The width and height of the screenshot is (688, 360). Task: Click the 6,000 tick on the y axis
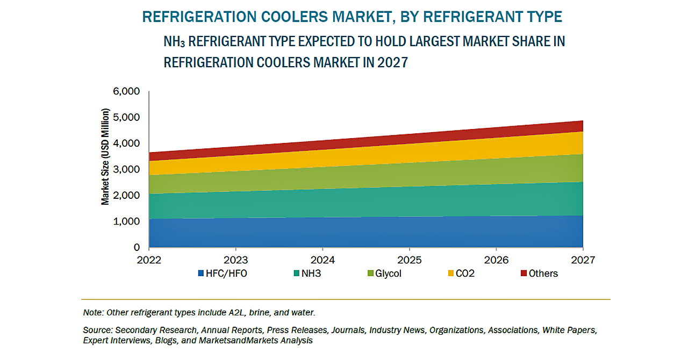pyautogui.click(x=126, y=91)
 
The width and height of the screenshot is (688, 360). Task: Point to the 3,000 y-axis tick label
pyautogui.click(x=126, y=169)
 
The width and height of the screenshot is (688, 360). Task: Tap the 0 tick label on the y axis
pyautogui.click(x=137, y=248)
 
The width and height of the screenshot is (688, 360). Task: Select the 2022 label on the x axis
pyautogui.click(x=149, y=260)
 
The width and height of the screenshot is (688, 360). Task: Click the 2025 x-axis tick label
pyautogui.click(x=410, y=260)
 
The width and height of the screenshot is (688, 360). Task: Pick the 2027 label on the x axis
pyautogui.click(x=583, y=260)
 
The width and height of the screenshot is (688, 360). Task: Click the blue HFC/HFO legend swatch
pyautogui.click(x=201, y=273)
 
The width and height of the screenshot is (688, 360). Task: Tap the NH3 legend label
pyautogui.click(x=311, y=273)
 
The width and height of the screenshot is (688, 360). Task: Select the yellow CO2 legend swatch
pyautogui.click(x=450, y=273)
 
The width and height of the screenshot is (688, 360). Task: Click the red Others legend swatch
pyautogui.click(x=523, y=273)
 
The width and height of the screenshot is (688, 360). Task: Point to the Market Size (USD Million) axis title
pyautogui.click(x=105, y=156)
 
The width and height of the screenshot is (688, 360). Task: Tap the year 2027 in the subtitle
pyautogui.click(x=392, y=62)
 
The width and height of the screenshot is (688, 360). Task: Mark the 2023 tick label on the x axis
pyautogui.click(x=235, y=260)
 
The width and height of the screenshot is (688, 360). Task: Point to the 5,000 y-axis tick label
pyautogui.click(x=126, y=117)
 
